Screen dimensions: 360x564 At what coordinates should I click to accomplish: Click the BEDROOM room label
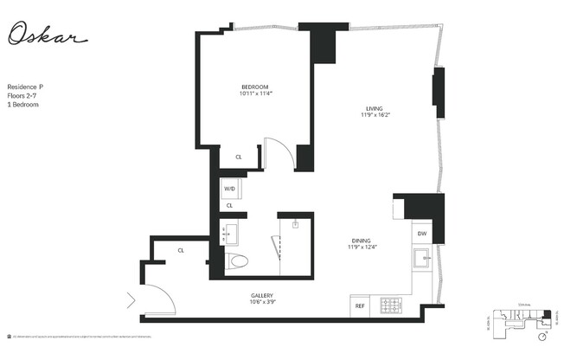(x=254, y=87)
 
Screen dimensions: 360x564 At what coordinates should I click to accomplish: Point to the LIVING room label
(x=373, y=108)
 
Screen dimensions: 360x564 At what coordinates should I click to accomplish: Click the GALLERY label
(x=262, y=296)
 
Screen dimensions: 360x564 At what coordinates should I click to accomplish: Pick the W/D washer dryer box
(x=230, y=189)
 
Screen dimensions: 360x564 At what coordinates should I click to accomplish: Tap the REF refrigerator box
(x=359, y=306)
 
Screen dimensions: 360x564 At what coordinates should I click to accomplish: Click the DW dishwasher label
(x=422, y=234)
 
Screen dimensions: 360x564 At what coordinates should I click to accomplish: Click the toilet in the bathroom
(x=238, y=260)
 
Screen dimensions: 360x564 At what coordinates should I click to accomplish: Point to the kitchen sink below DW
(x=422, y=257)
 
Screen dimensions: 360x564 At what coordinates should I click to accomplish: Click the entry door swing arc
(x=161, y=299)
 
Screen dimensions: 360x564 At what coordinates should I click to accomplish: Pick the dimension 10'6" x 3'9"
(x=262, y=303)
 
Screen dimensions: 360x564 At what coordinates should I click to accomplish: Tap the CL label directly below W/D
(x=230, y=206)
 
